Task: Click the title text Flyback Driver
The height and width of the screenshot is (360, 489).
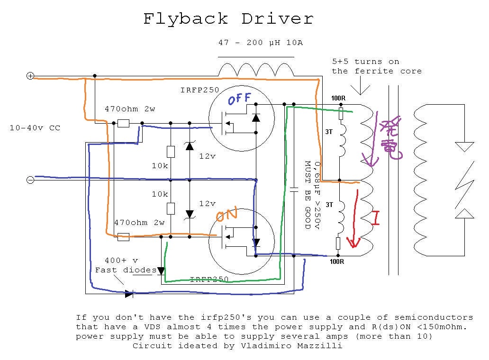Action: point(228,19)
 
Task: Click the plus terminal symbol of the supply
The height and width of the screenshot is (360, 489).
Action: point(30,76)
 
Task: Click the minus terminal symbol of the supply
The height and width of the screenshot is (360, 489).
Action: point(30,180)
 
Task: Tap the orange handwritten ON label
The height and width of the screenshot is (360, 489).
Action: point(226,216)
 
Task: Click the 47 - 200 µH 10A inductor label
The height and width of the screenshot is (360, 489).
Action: point(260,43)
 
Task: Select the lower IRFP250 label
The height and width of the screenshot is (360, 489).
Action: point(209,279)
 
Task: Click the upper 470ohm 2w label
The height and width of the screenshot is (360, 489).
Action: point(130,109)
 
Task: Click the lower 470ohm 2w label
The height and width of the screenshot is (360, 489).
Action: point(139,223)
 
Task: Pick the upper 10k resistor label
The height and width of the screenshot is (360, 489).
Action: point(160,166)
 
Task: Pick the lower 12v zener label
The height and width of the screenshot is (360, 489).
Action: point(207,204)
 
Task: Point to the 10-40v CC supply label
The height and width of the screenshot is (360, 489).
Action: point(35,128)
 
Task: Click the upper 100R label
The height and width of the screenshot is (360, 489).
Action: point(338,99)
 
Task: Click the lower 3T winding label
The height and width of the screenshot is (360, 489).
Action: point(329,205)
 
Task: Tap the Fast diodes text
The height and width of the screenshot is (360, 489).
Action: point(126,270)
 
